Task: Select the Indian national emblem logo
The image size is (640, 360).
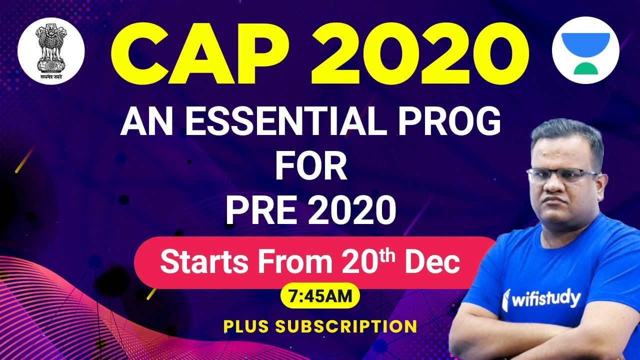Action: [51, 50]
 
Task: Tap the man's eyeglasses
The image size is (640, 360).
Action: [562, 175]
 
